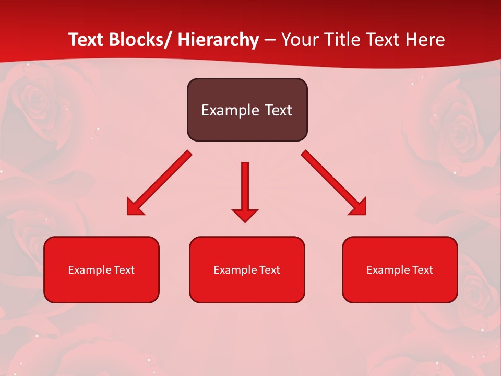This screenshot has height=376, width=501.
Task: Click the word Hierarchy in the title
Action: [218, 40]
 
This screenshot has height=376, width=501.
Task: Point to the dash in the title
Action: [270, 41]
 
